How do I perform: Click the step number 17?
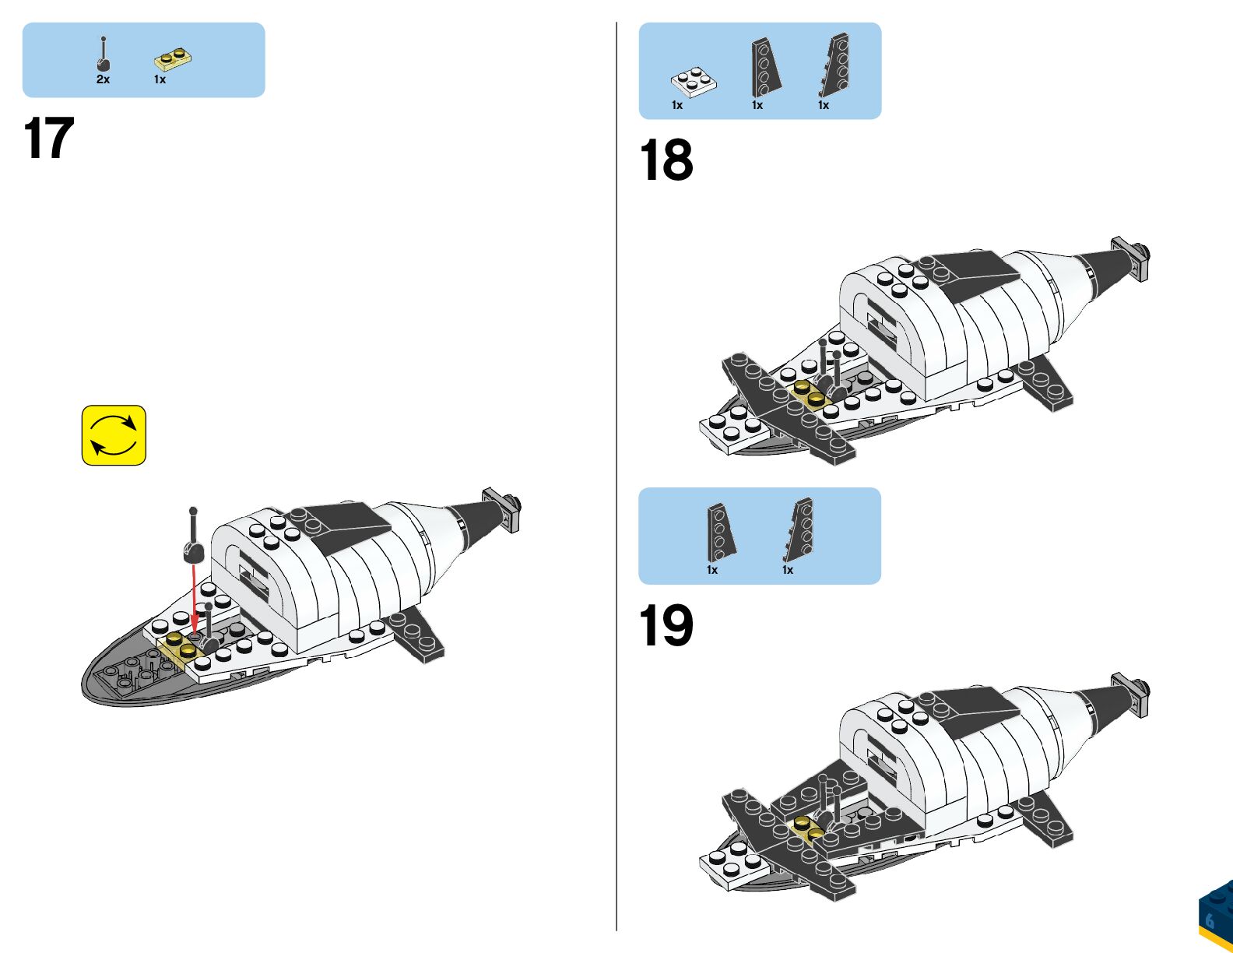tap(49, 139)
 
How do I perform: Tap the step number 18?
tap(666, 160)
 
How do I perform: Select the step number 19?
tap(666, 625)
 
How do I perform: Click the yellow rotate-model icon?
tap(114, 435)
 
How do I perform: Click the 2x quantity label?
tap(103, 79)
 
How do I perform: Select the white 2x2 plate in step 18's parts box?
tap(694, 81)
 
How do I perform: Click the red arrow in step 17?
tap(194, 600)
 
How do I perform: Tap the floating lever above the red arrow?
tap(193, 537)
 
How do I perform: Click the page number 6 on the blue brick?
tap(1210, 920)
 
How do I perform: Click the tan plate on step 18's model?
tap(808, 393)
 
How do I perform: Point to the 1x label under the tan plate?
tap(160, 79)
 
